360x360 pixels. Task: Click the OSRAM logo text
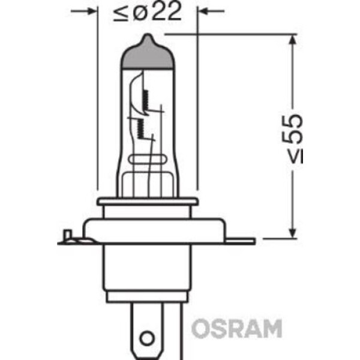[x=236, y=329]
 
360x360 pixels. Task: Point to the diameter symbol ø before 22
[x=139, y=13]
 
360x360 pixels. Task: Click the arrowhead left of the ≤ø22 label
[x=92, y=11]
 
